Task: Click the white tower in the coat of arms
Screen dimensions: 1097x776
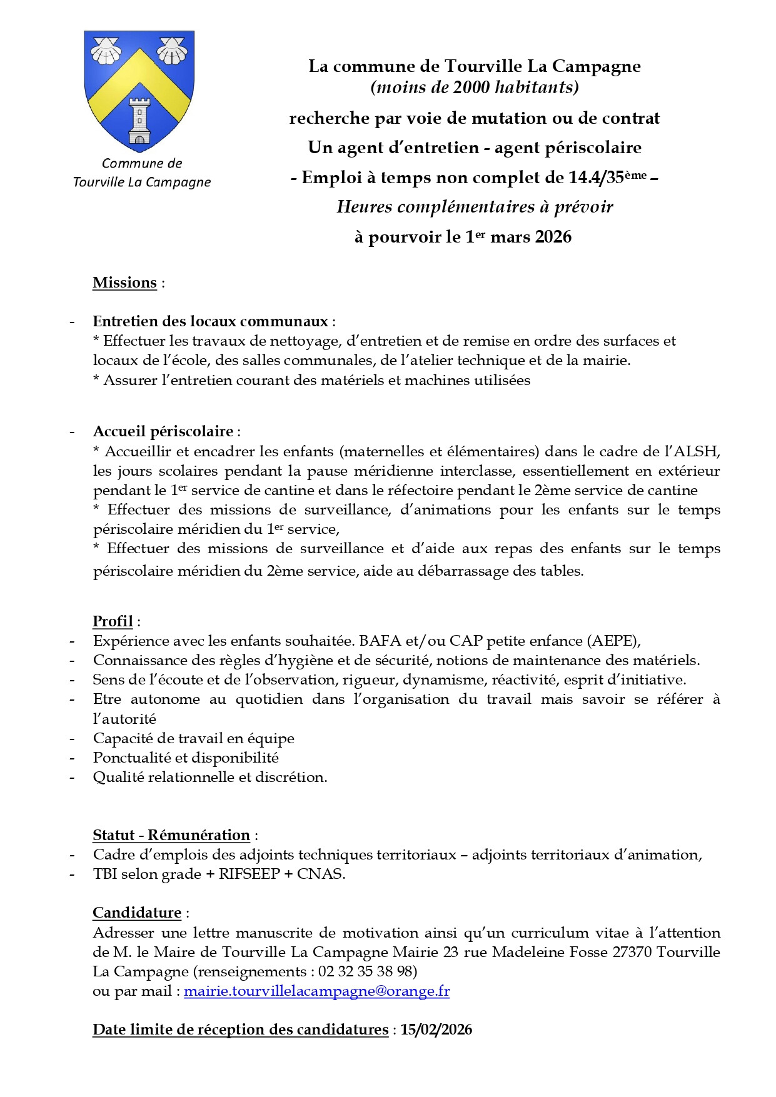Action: (139, 121)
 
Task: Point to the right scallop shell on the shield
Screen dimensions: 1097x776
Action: (172, 51)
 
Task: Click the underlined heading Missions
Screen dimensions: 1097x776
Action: (124, 283)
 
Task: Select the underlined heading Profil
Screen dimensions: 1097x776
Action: (113, 621)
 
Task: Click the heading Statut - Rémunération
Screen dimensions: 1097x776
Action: (171, 835)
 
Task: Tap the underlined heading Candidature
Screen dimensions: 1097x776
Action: (136, 913)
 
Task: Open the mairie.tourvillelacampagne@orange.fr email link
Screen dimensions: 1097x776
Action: (316, 991)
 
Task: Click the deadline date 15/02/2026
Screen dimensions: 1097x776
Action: (436, 1029)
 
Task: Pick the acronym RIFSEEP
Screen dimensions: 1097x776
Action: (249, 874)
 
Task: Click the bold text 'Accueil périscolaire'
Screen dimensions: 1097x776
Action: (163, 431)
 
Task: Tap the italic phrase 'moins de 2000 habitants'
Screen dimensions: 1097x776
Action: (475, 87)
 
